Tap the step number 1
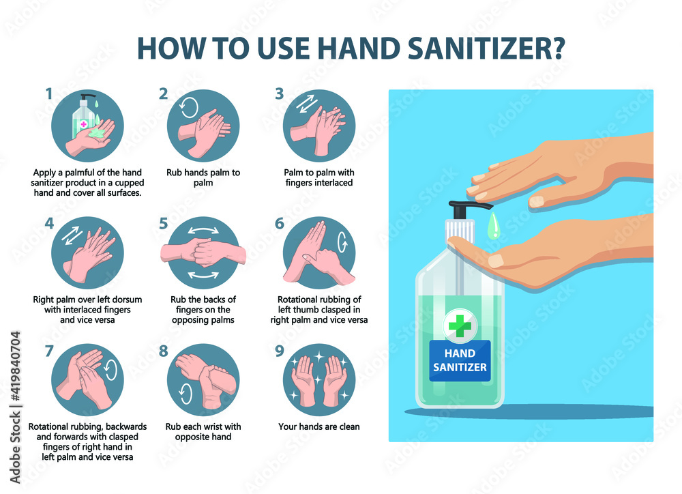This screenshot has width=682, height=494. tap(48, 94)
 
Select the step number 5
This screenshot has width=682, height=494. tap(163, 223)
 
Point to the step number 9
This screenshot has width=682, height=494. tap(279, 352)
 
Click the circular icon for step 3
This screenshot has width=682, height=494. tap(319, 126)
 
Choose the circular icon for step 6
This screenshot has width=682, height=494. tap(319, 252)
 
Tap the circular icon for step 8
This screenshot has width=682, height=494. tap(203, 380)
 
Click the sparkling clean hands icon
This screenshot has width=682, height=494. tap(319, 380)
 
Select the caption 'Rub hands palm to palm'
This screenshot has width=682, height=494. tap(203, 177)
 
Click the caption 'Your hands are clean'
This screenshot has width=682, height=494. tap(319, 427)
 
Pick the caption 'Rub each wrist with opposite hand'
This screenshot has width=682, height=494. tap(203, 432)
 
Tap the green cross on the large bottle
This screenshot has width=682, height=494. tap(460, 327)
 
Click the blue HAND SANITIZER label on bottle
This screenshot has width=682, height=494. tap(460, 361)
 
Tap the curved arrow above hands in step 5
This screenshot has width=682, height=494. tap(203, 230)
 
